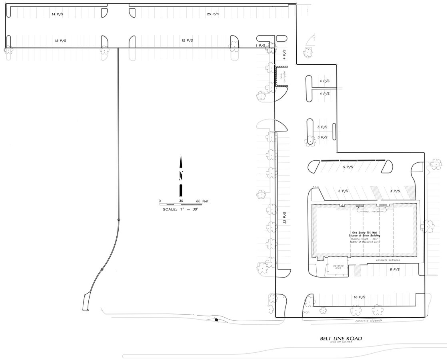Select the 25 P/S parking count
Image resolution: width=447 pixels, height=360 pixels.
[213, 14]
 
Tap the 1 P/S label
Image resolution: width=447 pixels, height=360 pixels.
[260, 46]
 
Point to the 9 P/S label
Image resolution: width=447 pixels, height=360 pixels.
[347, 167]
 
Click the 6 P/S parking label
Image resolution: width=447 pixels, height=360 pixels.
[343, 191]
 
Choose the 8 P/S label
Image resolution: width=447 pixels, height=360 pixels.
[394, 270]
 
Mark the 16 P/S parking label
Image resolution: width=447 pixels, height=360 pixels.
[359, 297]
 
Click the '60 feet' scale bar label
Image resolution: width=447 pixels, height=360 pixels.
[202, 200]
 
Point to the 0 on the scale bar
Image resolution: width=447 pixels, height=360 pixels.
[160, 200]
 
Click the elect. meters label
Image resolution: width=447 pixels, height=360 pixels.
[371, 211]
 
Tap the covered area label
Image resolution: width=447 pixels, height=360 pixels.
[338, 267]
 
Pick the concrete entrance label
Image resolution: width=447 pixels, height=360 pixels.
[388, 260]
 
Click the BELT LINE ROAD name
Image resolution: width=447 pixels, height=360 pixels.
[341, 338]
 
